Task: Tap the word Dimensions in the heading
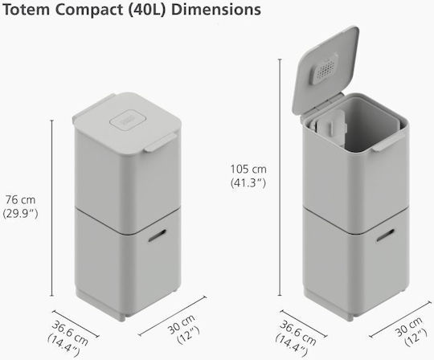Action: pyautogui.click(x=216, y=10)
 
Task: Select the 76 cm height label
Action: pyautogui.click(x=20, y=199)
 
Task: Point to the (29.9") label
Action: pyautogui.click(x=20, y=213)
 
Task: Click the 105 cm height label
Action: pyautogui.click(x=248, y=169)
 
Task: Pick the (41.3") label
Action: pyautogui.click(x=248, y=182)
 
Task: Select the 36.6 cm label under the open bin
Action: pyautogui.click(x=298, y=333)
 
